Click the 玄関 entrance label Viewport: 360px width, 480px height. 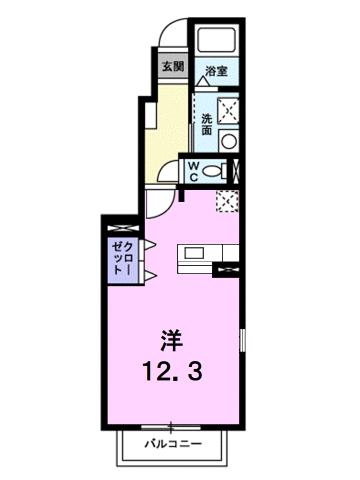[x=173, y=68]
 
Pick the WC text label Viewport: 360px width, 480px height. [x=191, y=170]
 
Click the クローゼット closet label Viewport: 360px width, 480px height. [x=124, y=259]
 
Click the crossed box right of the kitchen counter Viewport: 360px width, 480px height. [x=228, y=268]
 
